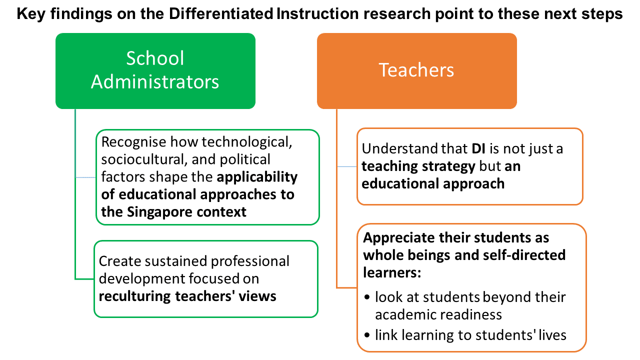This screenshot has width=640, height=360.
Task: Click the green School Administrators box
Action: (x=155, y=71)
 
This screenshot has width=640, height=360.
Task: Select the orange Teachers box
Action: (x=417, y=71)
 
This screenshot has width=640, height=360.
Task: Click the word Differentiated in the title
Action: (x=221, y=13)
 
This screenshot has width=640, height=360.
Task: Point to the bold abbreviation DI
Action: (x=478, y=148)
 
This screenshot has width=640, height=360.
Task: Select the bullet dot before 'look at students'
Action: (x=367, y=297)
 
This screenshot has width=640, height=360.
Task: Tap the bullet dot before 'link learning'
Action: (x=367, y=335)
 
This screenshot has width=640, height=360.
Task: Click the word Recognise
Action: (x=133, y=142)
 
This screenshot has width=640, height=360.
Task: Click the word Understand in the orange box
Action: (x=399, y=148)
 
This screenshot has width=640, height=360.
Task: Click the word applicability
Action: (x=257, y=177)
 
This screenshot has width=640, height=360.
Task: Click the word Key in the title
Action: (x=31, y=13)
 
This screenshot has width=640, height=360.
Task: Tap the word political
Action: (x=245, y=159)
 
